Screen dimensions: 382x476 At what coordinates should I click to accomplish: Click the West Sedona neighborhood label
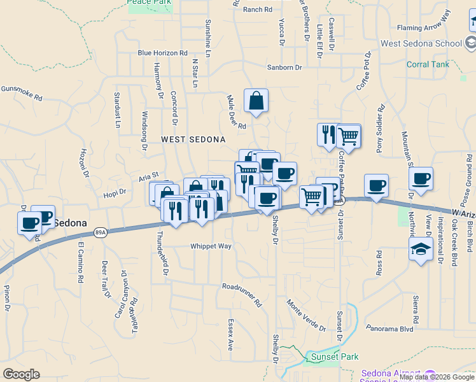pyautogui.click(x=193, y=139)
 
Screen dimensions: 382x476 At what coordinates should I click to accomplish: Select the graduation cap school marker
pyautogui.click(x=420, y=250)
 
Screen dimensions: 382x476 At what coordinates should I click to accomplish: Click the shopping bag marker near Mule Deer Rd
pyautogui.click(x=256, y=101)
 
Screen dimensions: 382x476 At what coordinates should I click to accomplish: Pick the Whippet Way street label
pyautogui.click(x=211, y=246)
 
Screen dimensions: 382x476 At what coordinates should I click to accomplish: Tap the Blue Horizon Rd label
pyautogui.click(x=162, y=53)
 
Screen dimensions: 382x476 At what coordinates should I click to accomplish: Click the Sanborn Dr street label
pyautogui.click(x=284, y=67)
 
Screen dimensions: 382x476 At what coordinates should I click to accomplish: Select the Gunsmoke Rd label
pyautogui.click(x=21, y=94)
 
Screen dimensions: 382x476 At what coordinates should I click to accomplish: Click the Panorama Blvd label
pyautogui.click(x=389, y=329)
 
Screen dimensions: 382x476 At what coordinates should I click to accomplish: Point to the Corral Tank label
pyautogui.click(x=428, y=64)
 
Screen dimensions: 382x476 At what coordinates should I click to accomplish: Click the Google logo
pyautogui.click(x=22, y=374)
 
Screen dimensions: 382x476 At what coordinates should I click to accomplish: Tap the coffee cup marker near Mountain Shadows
pyautogui.click(x=421, y=179)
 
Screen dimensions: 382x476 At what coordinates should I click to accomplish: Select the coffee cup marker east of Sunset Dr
pyautogui.click(x=376, y=186)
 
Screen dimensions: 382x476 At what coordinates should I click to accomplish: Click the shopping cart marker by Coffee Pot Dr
pyautogui.click(x=348, y=136)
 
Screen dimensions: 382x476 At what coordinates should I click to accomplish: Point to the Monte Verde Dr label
pyautogui.click(x=305, y=316)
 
